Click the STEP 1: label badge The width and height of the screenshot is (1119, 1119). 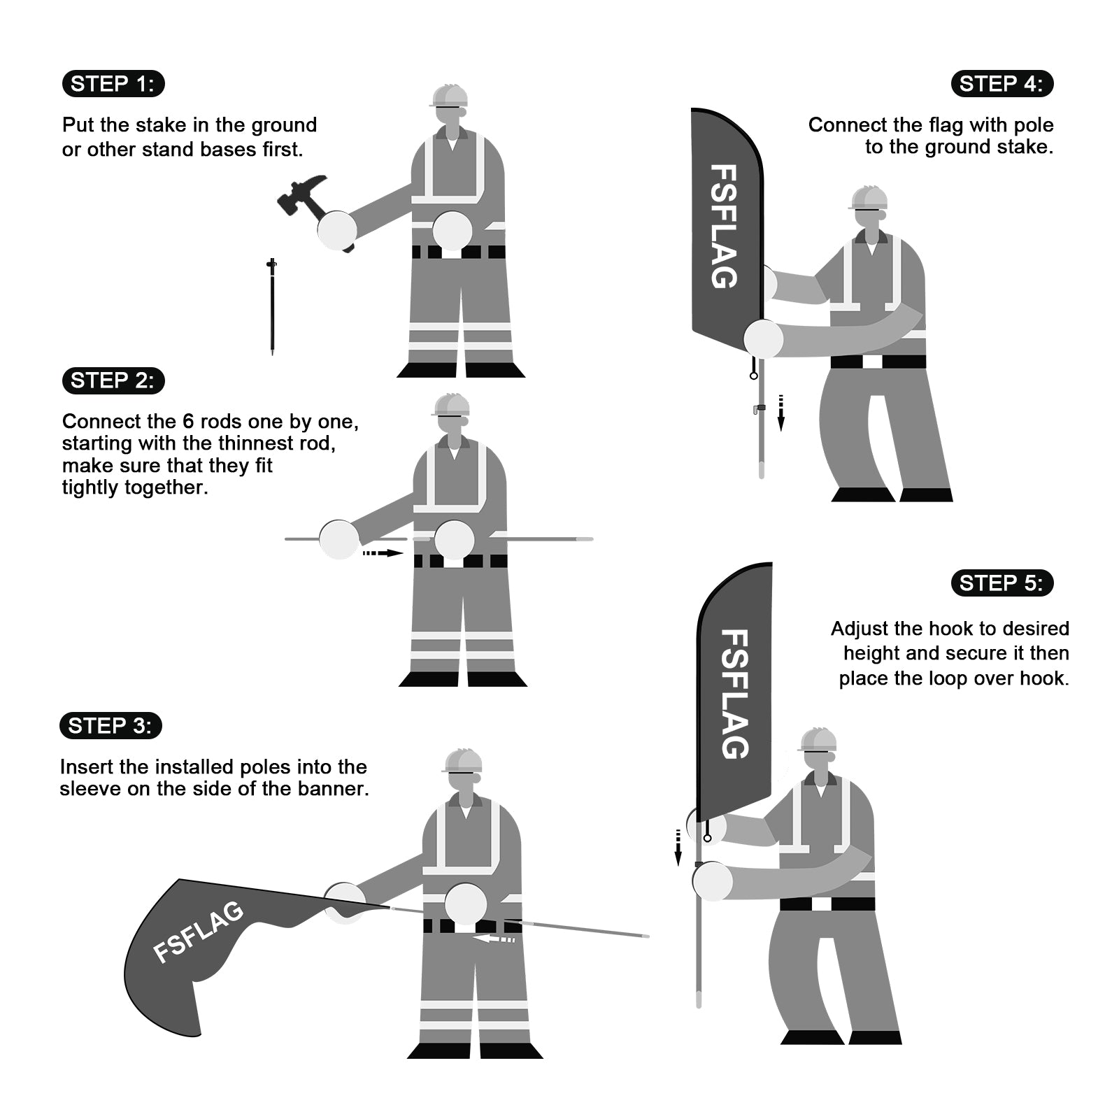[x=113, y=84]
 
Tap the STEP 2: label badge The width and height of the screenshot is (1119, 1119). [x=113, y=380]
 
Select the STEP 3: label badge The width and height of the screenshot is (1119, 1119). [x=111, y=726]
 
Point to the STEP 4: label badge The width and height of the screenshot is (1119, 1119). [x=1002, y=84]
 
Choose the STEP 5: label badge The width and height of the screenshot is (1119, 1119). [x=1002, y=583]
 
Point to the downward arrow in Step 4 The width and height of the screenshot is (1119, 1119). [x=781, y=413]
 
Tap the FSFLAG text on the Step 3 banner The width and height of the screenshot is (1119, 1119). [x=199, y=932]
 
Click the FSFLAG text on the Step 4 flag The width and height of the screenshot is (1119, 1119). [x=724, y=226]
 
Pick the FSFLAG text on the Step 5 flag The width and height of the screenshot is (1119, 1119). [x=734, y=694]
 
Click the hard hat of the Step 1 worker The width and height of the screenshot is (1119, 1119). [x=450, y=96]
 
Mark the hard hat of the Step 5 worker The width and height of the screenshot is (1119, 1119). [x=818, y=739]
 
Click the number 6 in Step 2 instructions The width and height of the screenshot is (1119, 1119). [x=188, y=422]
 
